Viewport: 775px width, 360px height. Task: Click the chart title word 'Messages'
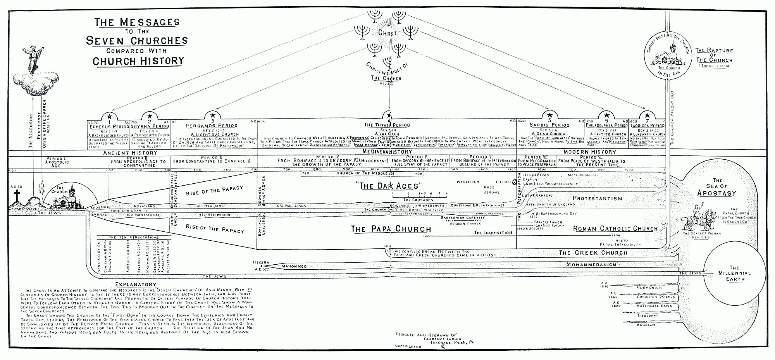point(149,22)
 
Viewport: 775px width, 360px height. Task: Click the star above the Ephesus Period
point(109,116)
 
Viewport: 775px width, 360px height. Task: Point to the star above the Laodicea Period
point(646,116)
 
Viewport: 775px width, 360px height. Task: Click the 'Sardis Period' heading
point(549,125)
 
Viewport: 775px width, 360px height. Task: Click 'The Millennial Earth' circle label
point(734,273)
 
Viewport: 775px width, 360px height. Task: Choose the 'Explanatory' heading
point(135,284)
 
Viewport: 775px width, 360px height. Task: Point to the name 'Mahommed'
point(294,266)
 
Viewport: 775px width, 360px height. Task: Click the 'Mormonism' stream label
point(649,288)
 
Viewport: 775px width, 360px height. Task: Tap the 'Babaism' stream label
point(646,325)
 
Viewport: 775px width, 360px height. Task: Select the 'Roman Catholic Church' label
point(615,229)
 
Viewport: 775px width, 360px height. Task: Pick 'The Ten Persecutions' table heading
point(127,237)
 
